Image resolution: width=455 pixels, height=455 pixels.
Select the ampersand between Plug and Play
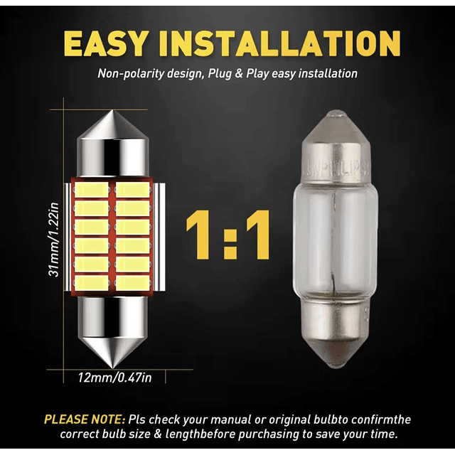click(x=239, y=73)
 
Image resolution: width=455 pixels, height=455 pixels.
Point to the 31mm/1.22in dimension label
click(x=54, y=240)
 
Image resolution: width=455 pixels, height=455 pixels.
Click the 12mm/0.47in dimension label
click(x=114, y=378)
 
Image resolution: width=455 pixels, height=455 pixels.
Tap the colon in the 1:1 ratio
click(x=229, y=235)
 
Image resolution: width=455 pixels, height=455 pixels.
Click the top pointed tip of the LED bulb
click(x=112, y=111)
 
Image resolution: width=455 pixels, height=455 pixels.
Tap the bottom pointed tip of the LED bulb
click(x=112, y=368)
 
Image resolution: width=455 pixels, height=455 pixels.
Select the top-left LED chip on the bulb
click(x=92, y=190)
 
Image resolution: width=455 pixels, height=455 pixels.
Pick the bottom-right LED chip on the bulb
click(x=133, y=283)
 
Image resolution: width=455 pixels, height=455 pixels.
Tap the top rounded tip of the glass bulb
click(x=336, y=113)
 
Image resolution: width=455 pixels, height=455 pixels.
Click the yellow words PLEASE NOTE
click(x=85, y=419)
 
